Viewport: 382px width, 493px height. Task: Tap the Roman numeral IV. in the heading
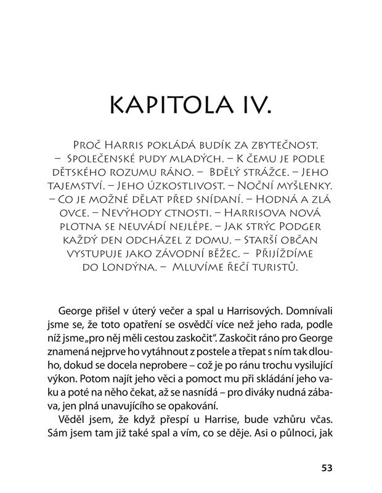pos(253,106)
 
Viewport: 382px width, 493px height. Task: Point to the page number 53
pos(327,467)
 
